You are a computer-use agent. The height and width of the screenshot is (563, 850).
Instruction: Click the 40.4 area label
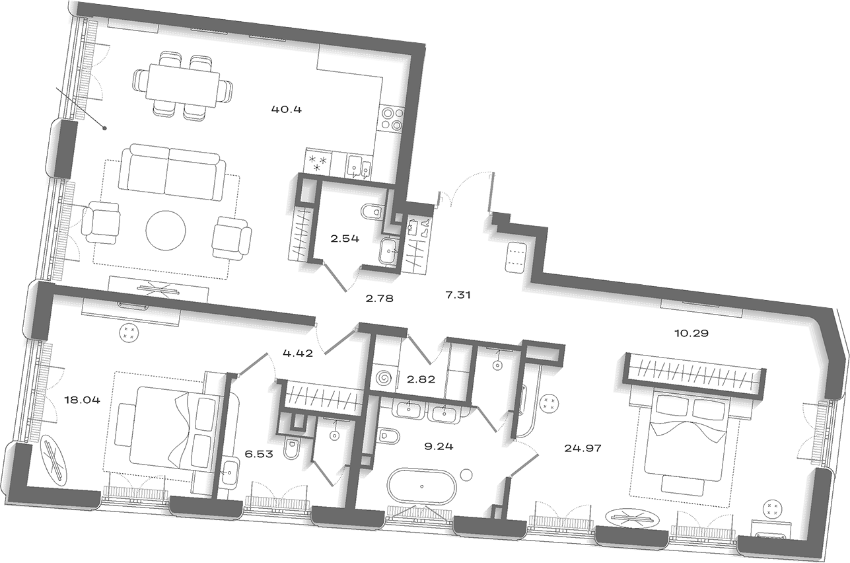click(287, 110)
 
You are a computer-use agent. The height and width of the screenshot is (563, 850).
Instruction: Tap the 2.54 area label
click(345, 239)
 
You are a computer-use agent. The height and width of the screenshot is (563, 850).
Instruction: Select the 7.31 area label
click(458, 295)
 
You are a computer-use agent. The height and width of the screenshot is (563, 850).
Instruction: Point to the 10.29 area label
click(691, 333)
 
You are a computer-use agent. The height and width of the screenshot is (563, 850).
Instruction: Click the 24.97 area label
click(583, 448)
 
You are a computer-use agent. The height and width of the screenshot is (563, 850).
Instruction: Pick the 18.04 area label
click(83, 400)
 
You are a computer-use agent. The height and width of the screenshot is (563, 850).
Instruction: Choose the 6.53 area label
click(259, 454)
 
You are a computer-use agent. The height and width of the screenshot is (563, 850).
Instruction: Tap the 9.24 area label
click(439, 447)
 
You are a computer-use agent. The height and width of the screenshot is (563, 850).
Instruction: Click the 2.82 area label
click(421, 379)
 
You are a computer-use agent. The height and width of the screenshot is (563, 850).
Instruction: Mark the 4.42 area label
click(299, 354)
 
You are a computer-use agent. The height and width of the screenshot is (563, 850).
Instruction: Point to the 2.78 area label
click(380, 299)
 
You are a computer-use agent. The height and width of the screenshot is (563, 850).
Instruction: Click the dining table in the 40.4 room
click(184, 85)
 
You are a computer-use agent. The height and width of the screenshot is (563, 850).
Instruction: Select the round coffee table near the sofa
click(166, 231)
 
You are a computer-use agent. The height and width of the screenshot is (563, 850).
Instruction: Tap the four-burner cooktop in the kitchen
click(392, 119)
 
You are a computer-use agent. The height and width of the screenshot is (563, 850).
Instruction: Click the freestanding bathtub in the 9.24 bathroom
click(421, 486)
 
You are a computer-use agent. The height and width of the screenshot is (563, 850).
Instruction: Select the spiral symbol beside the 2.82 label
click(384, 378)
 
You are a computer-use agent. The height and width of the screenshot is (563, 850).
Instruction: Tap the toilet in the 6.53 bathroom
click(291, 448)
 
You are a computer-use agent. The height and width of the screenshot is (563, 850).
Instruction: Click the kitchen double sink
click(359, 167)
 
